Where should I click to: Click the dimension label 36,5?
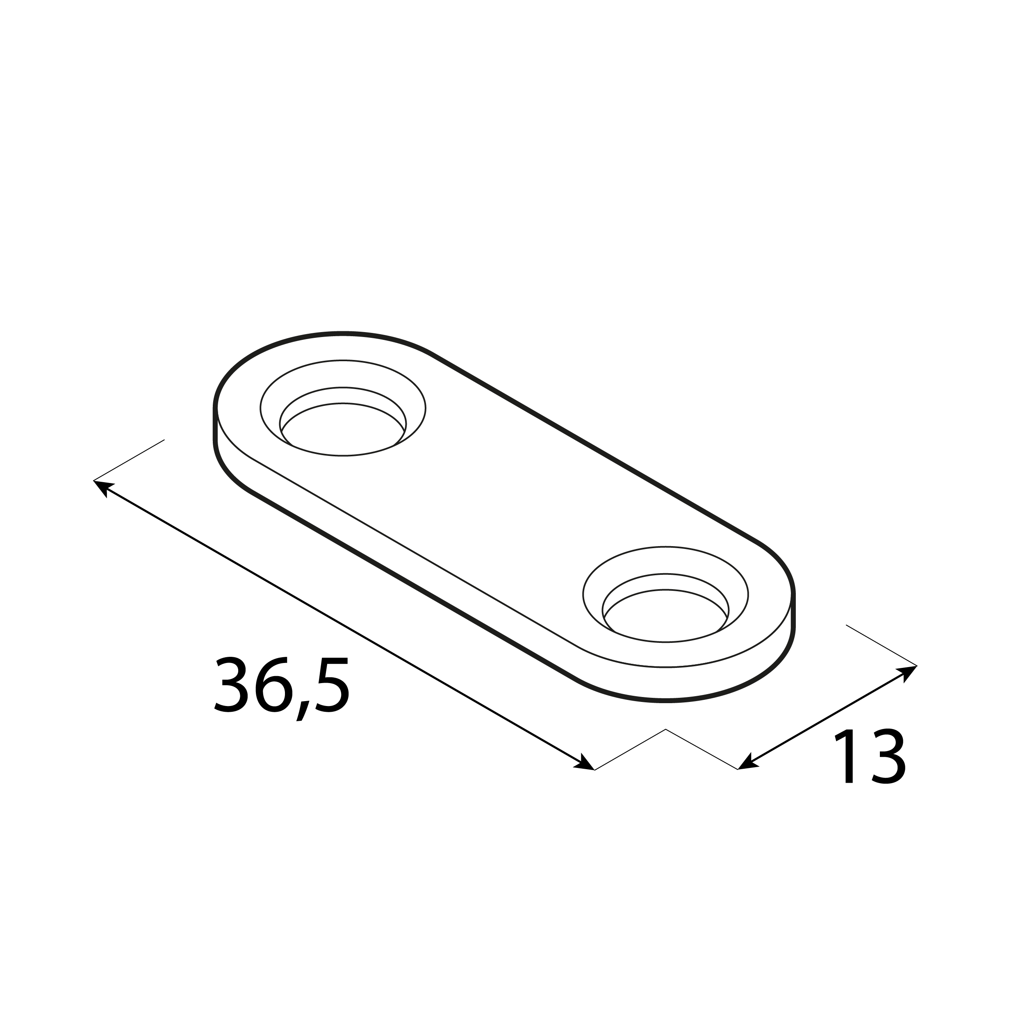[282, 686]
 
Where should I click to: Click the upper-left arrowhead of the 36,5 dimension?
[102, 487]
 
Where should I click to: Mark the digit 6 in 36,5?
[274, 686]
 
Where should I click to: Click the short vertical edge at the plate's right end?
[793, 610]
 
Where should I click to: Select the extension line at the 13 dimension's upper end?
[881, 645]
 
